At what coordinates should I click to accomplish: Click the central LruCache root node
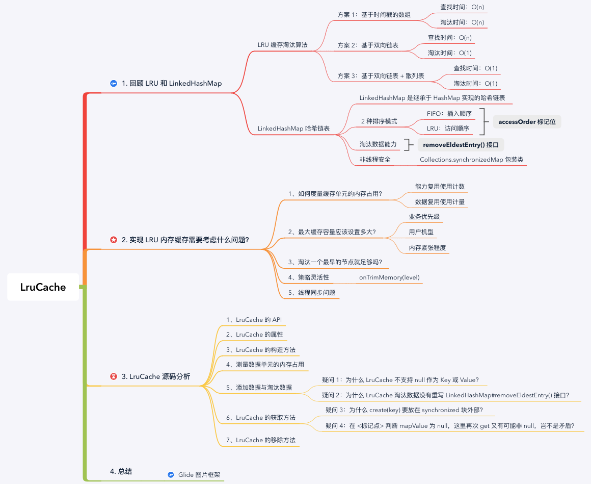[x=43, y=287]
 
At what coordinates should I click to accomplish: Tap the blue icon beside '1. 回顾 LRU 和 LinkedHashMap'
[x=113, y=83]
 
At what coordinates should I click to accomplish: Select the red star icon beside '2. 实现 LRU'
[x=113, y=239]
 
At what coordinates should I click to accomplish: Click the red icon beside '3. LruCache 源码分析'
[x=113, y=377]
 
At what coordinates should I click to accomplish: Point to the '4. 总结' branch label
[x=121, y=471]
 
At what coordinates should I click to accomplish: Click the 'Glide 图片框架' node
[x=199, y=474]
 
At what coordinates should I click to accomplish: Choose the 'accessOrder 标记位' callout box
[x=527, y=122]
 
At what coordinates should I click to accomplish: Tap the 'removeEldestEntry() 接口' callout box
[x=461, y=145]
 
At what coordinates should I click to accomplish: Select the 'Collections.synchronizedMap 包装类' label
[x=471, y=160]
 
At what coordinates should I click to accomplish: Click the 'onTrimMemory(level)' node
[x=389, y=277]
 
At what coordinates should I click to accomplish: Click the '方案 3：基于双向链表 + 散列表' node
[x=381, y=76]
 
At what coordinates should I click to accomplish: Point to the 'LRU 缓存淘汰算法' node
[x=283, y=45]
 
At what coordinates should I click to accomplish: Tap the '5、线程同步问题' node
[x=312, y=293]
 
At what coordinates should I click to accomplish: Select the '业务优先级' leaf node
[x=424, y=217]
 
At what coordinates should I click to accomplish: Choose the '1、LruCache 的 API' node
[x=254, y=320]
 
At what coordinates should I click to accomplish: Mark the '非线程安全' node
[x=375, y=160]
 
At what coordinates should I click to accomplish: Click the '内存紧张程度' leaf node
[x=427, y=248]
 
